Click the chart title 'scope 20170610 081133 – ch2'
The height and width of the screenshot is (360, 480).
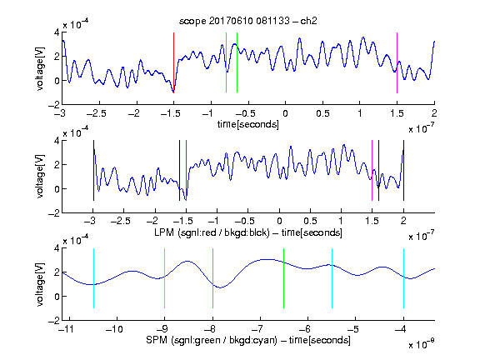click(248, 21)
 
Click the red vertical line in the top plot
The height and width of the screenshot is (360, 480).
click(173, 62)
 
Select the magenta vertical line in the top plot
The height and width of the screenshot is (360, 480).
click(397, 62)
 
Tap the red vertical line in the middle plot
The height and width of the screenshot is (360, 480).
click(186, 171)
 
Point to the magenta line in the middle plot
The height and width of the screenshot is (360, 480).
click(372, 171)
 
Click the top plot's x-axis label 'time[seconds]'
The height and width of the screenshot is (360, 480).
click(248, 124)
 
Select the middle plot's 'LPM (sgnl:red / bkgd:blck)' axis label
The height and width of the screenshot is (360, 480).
click(212, 232)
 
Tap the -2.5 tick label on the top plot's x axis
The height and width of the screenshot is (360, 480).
click(97, 113)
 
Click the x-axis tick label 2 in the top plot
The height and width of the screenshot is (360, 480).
click(434, 113)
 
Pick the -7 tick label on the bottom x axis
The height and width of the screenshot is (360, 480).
click(260, 329)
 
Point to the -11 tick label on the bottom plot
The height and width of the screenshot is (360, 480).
click(66, 329)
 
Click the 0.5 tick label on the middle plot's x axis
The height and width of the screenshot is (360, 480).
click(310, 221)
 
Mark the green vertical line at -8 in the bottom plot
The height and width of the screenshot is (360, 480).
click(212, 278)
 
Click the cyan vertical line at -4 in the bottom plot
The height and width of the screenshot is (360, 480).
click(404, 278)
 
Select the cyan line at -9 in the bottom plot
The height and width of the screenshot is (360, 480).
click(165, 278)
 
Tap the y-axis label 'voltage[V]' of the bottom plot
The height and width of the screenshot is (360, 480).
click(40, 284)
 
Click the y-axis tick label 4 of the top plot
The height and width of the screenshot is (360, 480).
click(57, 32)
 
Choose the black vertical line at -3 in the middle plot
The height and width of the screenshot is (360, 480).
click(93, 171)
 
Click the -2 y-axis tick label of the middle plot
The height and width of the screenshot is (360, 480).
click(53, 213)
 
